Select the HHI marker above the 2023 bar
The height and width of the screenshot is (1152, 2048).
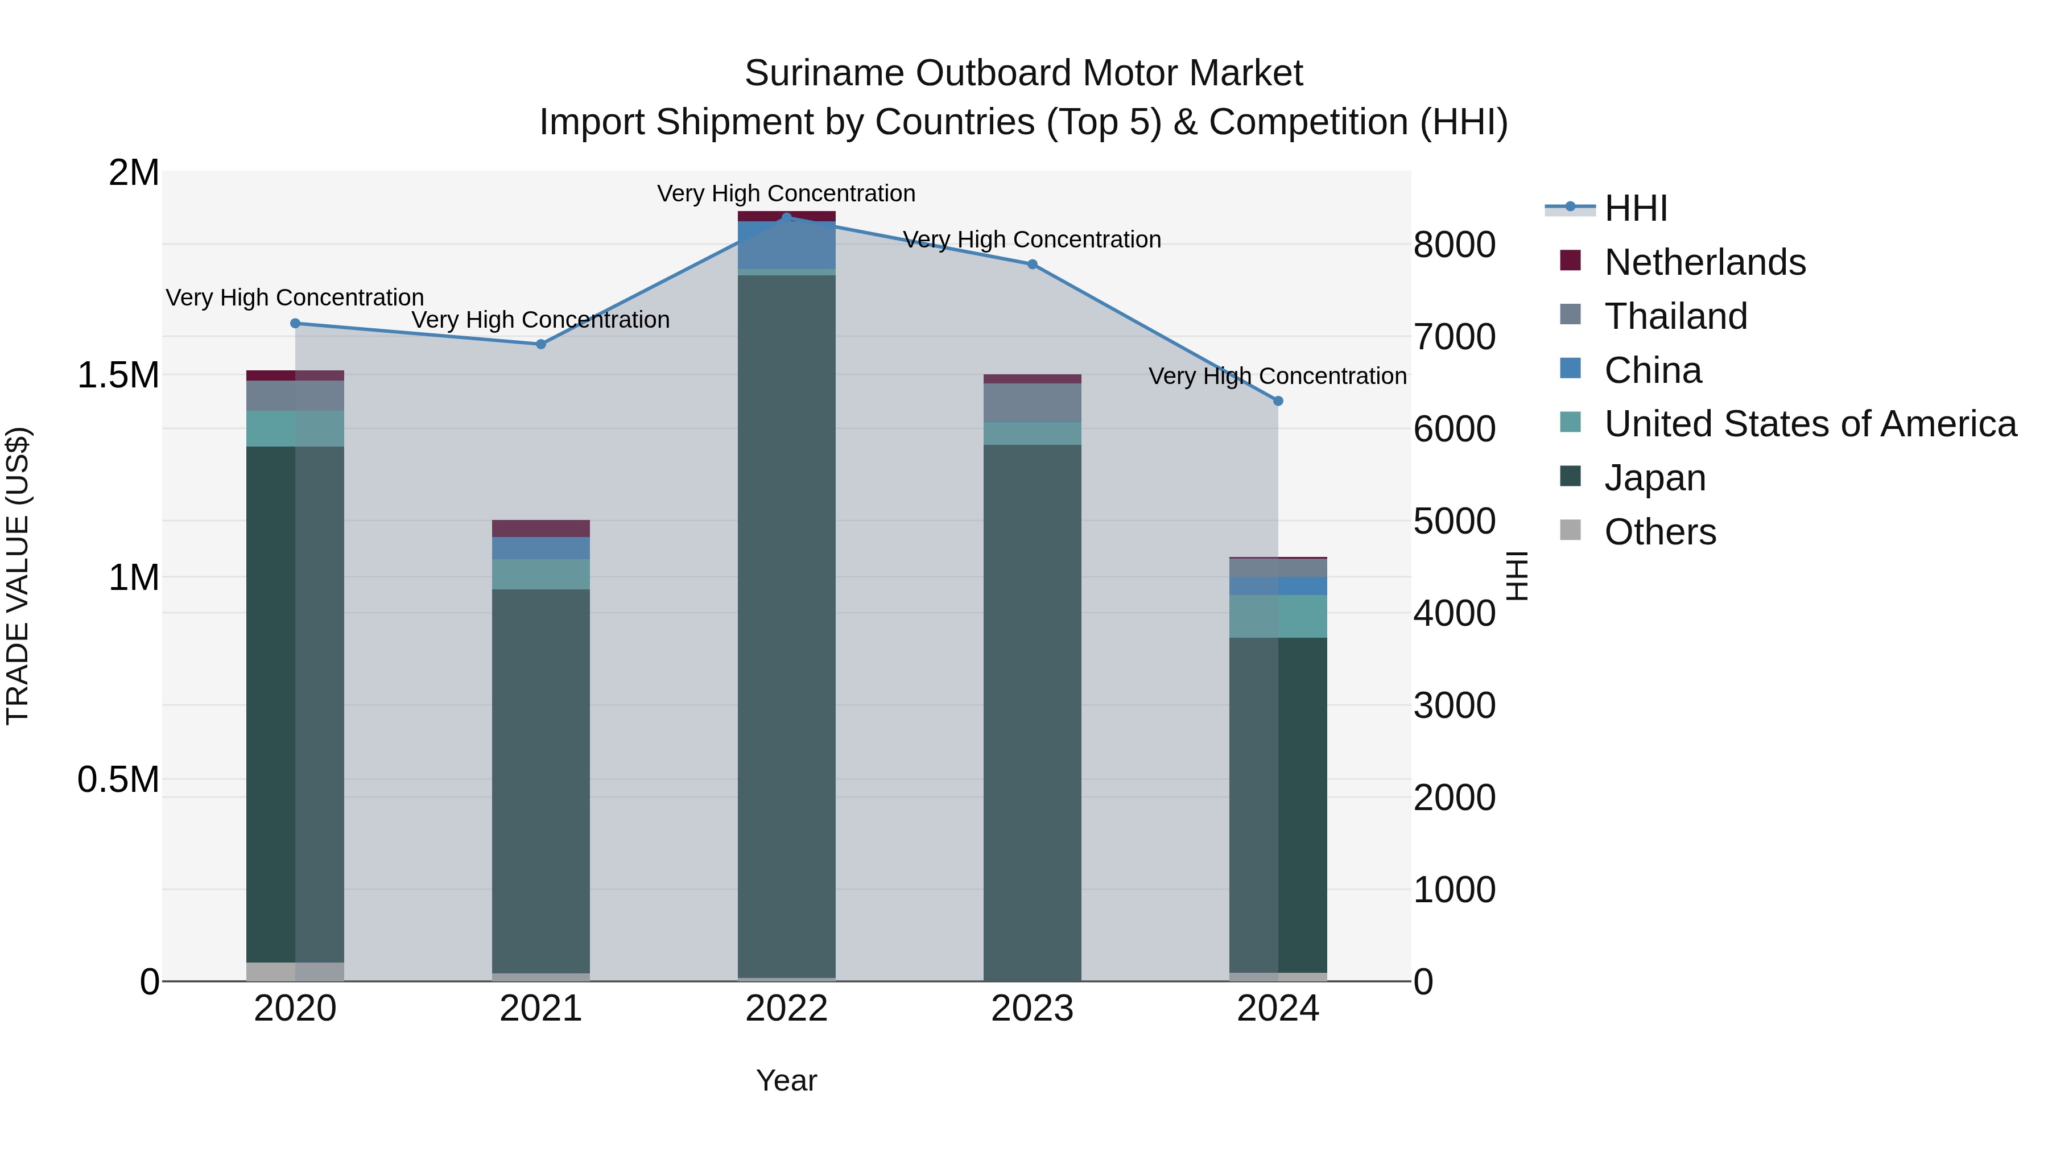tap(1032, 265)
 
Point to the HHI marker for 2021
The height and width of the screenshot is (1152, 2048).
tap(540, 344)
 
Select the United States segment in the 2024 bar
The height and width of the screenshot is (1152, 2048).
tap(1278, 616)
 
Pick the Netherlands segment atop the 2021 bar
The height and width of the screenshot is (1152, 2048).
tap(540, 528)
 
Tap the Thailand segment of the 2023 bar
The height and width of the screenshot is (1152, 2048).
tap(1032, 402)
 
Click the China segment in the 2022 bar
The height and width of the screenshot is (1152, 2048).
tap(786, 246)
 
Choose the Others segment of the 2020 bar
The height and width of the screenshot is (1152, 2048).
tap(295, 972)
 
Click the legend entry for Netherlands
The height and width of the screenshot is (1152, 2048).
tap(1704, 262)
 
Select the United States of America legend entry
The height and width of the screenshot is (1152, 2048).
tap(1810, 424)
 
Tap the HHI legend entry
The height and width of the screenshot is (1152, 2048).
tap(1636, 208)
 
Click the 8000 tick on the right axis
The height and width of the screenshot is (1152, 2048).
tap(1454, 245)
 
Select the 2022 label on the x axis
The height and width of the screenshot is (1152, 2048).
tap(786, 1009)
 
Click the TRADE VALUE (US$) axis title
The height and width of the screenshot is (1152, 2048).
tap(18, 576)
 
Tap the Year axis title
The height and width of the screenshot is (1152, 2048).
tap(786, 1080)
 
